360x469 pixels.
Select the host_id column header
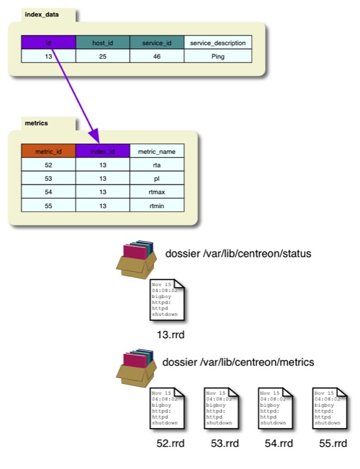103,43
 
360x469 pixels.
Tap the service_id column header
157,43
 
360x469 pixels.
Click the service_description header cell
218,43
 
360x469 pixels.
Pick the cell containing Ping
218,56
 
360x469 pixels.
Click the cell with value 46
157,56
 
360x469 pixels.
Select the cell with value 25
103,56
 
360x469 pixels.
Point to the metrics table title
36,123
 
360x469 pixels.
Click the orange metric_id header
49,151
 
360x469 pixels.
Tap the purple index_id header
103,151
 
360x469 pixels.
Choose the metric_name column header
157,151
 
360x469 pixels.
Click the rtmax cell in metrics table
157,192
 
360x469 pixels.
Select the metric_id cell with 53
49,179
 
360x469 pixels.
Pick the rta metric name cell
157,165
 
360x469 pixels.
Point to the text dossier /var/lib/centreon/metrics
238,362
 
